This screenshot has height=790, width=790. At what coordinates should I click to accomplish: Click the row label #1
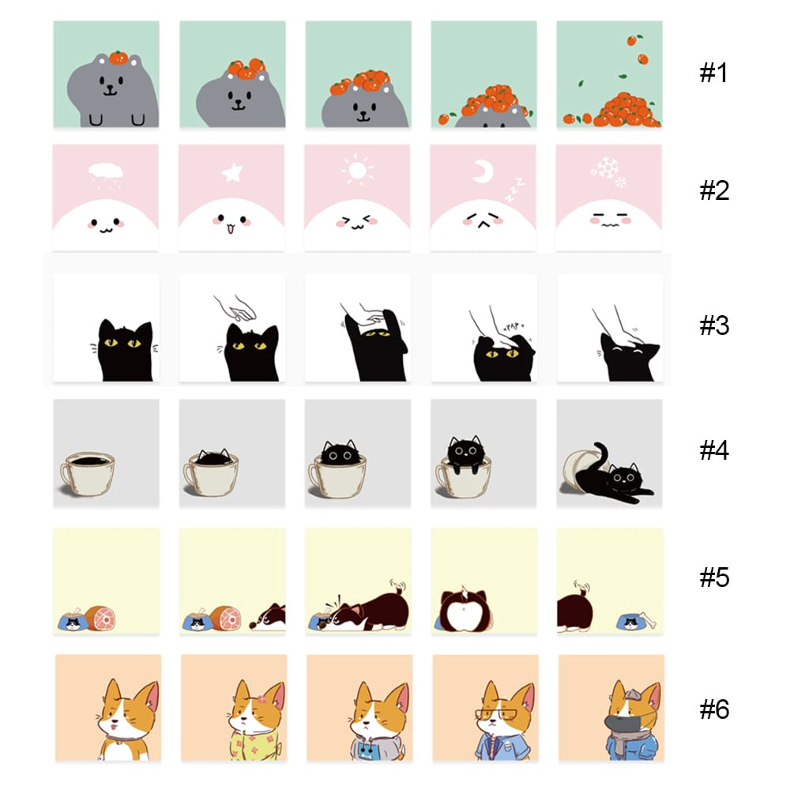(713, 73)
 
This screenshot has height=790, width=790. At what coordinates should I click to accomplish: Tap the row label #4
(714, 450)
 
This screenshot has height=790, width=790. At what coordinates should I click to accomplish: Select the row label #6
(714, 709)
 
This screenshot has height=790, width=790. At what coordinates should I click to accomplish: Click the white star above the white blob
(231, 172)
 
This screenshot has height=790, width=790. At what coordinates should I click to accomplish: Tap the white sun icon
(358, 170)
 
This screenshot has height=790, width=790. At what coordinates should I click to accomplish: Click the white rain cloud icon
(106, 174)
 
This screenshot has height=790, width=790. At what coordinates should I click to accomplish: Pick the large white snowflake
(608, 167)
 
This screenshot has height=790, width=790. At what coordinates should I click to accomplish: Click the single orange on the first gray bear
(118, 58)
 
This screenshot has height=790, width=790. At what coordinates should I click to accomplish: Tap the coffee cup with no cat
(87, 472)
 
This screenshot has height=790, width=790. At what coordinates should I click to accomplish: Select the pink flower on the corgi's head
(261, 700)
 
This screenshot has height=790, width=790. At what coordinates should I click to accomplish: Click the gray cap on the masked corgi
(633, 696)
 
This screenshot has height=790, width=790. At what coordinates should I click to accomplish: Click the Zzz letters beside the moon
(515, 190)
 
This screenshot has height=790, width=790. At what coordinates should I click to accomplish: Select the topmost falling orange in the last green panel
(633, 39)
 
